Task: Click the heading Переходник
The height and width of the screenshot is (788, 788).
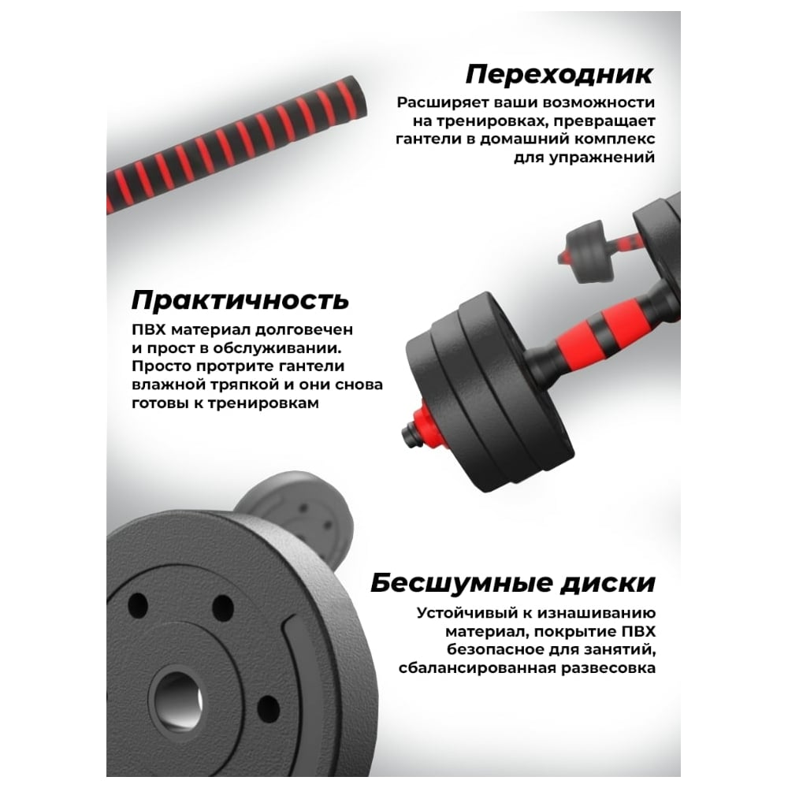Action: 559,74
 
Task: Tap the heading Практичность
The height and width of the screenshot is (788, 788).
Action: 240,300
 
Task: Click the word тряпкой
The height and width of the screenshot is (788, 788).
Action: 240,385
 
